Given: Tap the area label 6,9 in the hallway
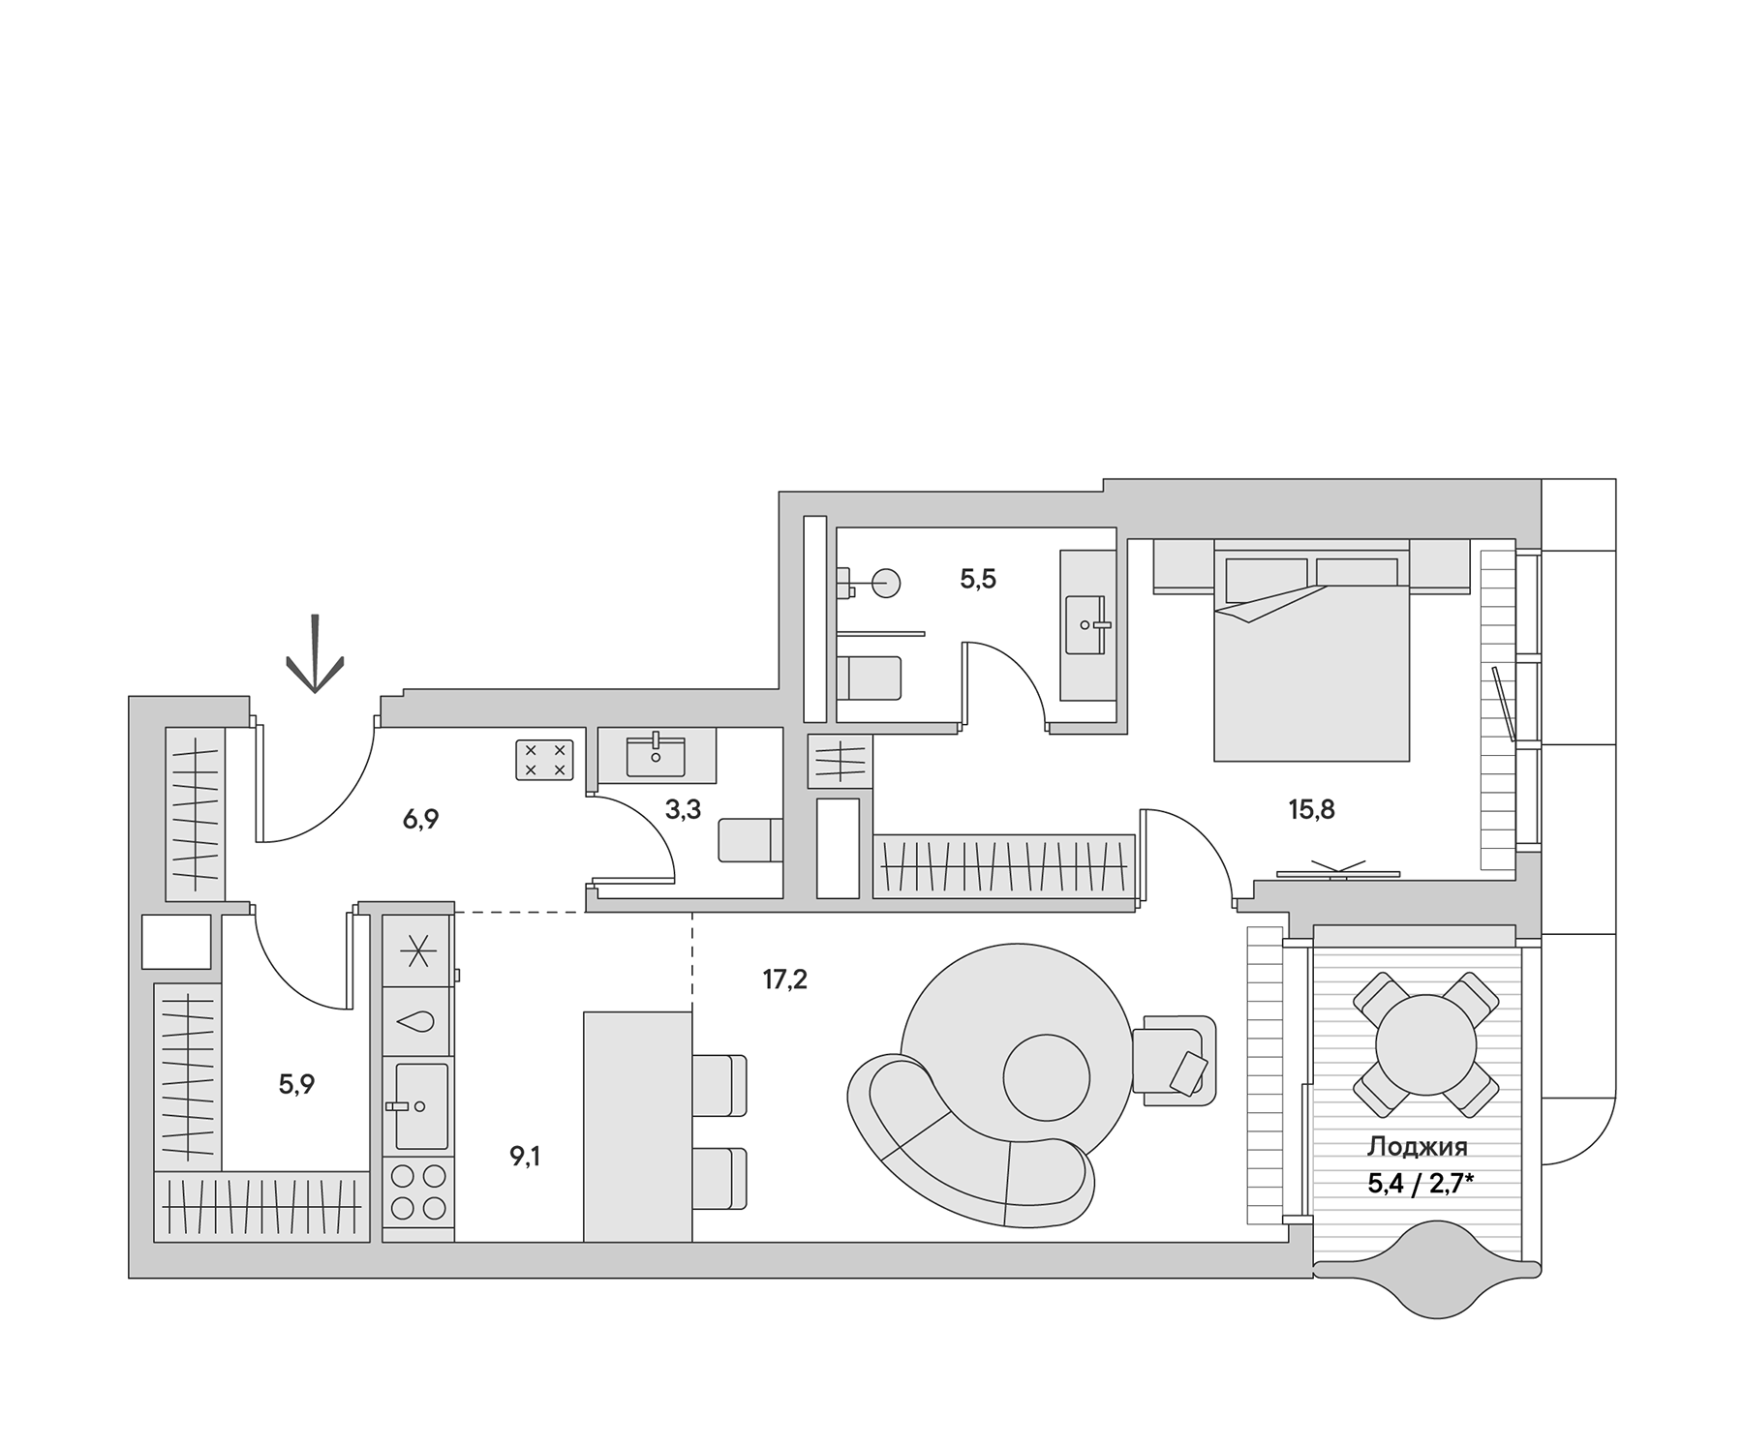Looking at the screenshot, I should tap(421, 820).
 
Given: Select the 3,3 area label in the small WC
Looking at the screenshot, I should tap(683, 809).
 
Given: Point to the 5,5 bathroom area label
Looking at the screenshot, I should tap(978, 579).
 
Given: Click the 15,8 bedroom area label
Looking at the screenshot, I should tap(1311, 809).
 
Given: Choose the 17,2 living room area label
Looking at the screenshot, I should tap(784, 980).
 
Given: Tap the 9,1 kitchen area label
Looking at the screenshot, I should tap(526, 1156).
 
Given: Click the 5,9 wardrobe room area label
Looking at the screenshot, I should tap(296, 1084).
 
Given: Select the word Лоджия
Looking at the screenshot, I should tap(1417, 1147).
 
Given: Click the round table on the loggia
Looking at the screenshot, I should tap(1425, 1045).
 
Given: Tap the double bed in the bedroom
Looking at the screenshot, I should tap(1311, 658).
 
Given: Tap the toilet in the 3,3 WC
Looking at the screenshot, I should tap(749, 839).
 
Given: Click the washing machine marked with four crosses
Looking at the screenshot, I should tap(544, 760).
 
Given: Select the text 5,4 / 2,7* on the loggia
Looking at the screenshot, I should tap(1421, 1182).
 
